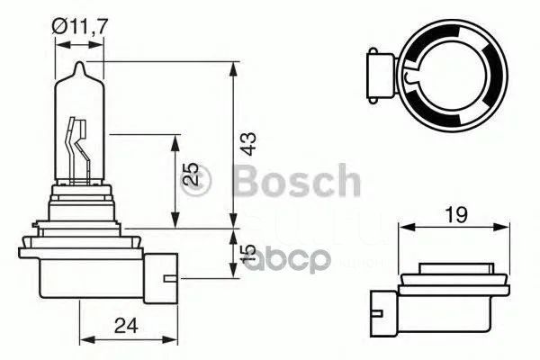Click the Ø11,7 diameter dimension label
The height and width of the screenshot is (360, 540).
point(80,26)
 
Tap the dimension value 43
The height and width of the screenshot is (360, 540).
point(248,143)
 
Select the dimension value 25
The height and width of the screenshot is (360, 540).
point(190,174)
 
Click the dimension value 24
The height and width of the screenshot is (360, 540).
point(126,325)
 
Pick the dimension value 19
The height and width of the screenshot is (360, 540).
point(455,214)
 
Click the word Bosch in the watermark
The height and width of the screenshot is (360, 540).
point(297,180)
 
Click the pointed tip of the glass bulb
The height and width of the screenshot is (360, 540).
point(80,62)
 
